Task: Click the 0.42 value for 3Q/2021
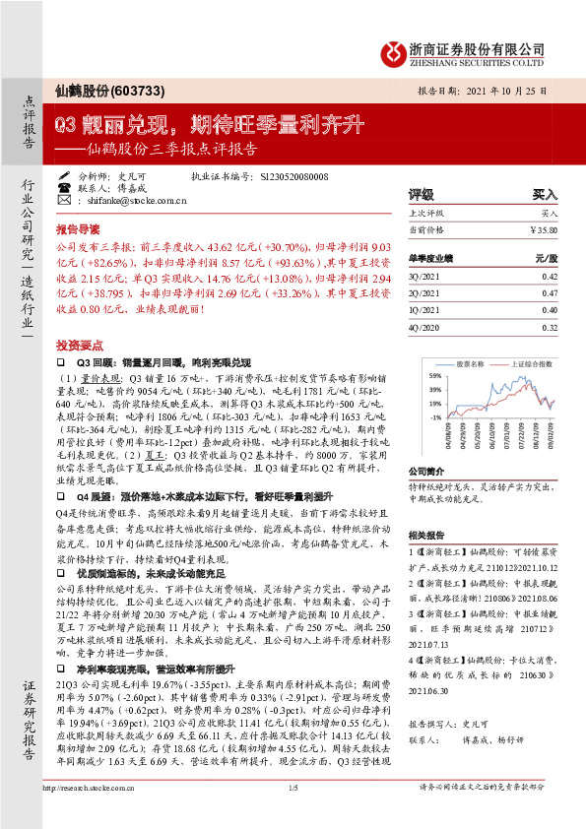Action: pos(549,277)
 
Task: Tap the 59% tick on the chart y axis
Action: pos(433,375)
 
